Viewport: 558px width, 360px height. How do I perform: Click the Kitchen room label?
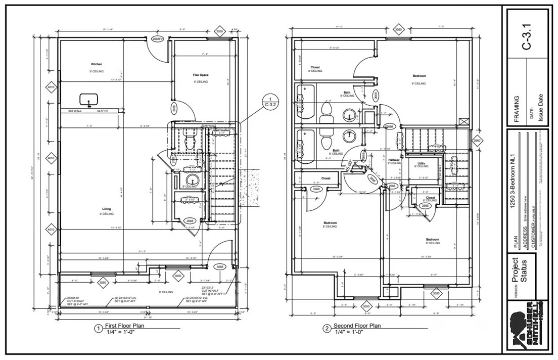97,64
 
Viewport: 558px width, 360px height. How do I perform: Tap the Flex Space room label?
201,75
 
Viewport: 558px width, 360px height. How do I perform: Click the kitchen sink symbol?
89,100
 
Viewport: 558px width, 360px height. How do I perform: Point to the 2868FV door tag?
157,38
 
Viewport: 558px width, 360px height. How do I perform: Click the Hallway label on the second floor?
394,160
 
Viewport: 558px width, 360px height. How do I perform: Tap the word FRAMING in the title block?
516,111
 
